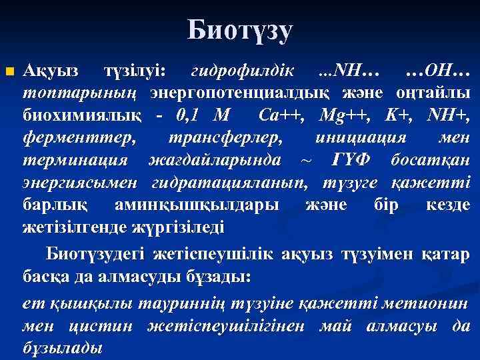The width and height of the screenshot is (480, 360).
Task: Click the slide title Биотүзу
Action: click(240, 31)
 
